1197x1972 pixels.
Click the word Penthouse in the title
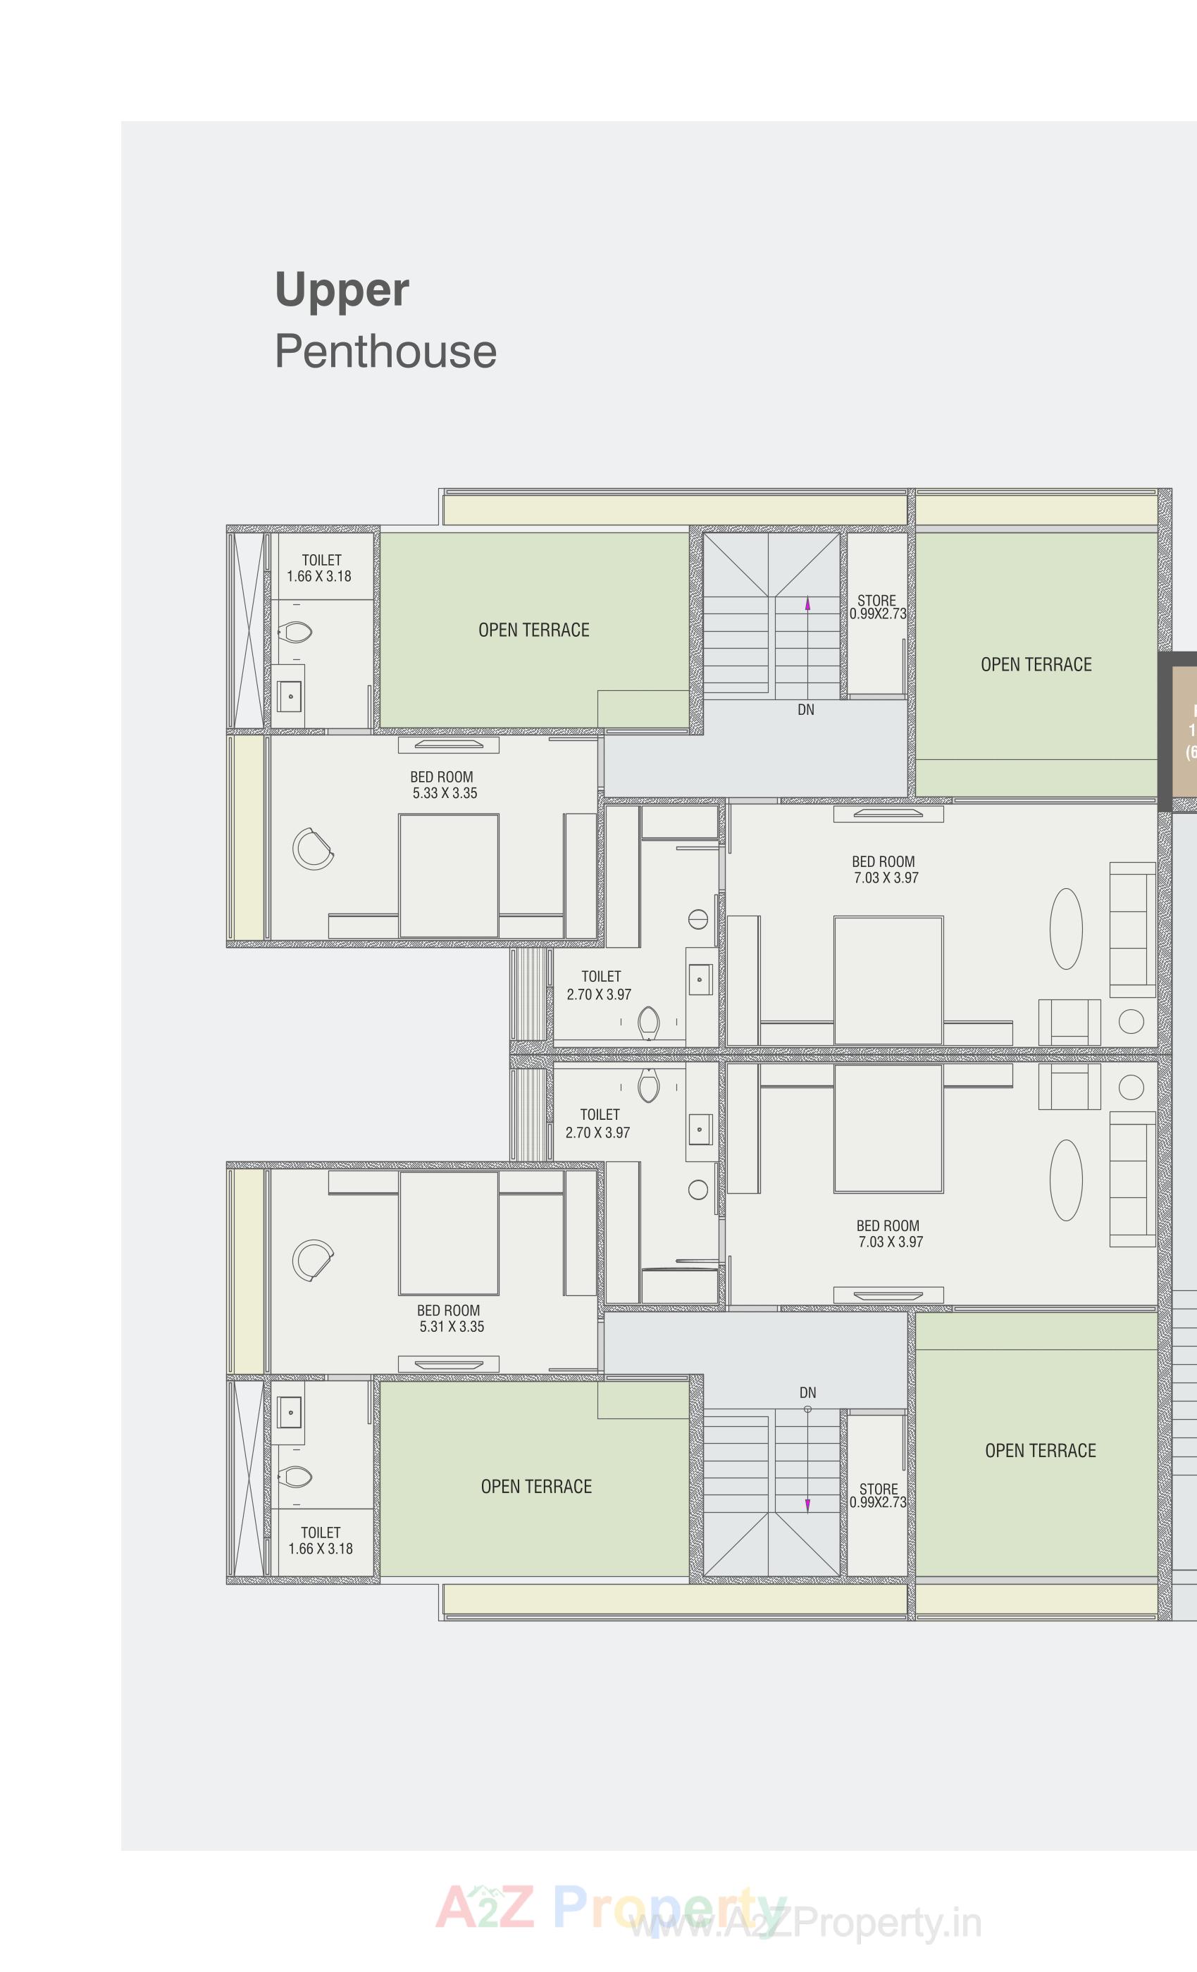pos(385,352)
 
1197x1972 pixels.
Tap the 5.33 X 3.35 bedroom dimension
pos(445,793)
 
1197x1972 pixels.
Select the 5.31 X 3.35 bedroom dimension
pos(452,1326)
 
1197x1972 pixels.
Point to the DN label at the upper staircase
pos(805,710)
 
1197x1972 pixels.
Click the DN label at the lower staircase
pos(807,1392)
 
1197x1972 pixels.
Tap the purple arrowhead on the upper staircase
pos(807,605)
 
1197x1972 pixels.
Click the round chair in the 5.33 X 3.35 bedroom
pos(312,849)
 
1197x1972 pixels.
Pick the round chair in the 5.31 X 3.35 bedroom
pos(312,1261)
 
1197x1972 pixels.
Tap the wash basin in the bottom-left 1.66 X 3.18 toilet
pos(290,1413)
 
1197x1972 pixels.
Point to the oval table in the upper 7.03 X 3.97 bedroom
pos(1066,928)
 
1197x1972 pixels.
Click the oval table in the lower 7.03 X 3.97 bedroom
pos(1066,1180)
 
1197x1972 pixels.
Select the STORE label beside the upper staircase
pos(876,600)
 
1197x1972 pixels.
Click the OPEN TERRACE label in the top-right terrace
pos(1036,664)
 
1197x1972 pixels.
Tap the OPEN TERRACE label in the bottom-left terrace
pos(536,1487)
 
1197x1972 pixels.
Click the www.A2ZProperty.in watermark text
pos(805,1923)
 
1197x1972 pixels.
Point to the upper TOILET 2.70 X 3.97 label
pos(600,985)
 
